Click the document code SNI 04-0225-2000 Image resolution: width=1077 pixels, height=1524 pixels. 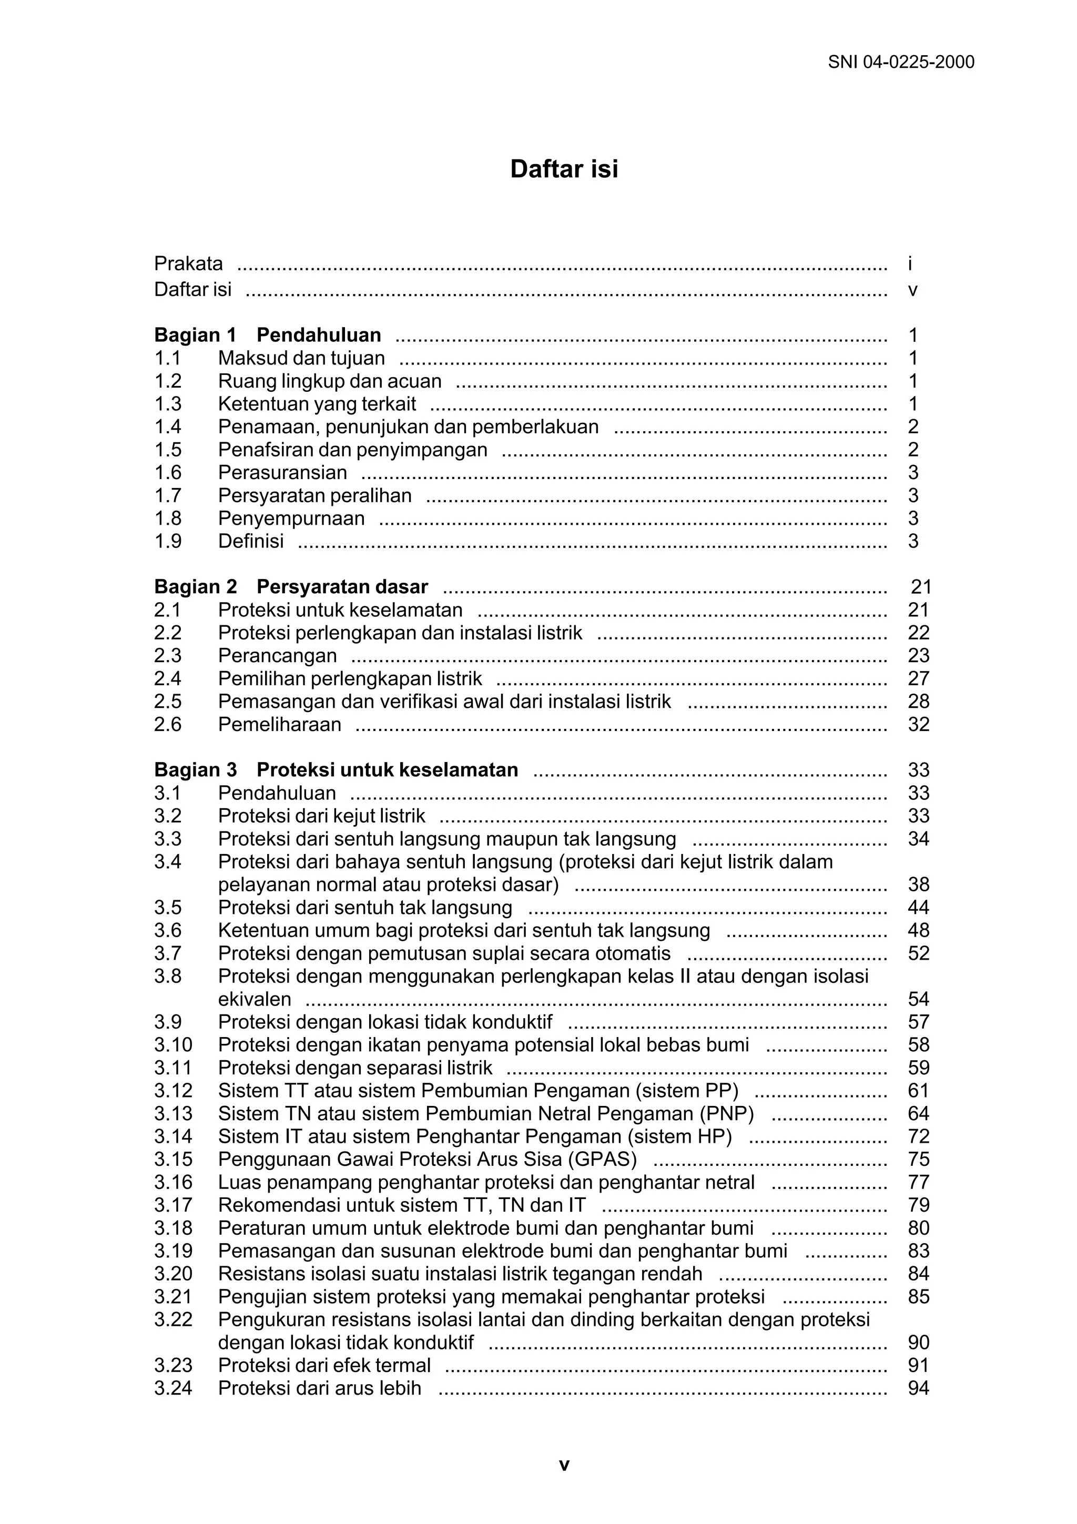(x=900, y=63)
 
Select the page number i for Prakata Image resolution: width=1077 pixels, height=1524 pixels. (x=910, y=264)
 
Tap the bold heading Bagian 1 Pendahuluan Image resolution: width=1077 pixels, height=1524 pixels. (x=268, y=335)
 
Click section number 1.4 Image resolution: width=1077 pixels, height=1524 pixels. (x=168, y=427)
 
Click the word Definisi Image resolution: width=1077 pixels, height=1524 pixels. (x=251, y=541)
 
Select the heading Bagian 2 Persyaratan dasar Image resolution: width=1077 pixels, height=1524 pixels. (x=291, y=587)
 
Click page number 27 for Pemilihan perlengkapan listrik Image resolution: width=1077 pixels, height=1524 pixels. (x=918, y=678)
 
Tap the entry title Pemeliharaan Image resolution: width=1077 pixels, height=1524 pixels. (x=279, y=724)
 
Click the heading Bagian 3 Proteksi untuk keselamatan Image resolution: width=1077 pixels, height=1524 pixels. (x=336, y=770)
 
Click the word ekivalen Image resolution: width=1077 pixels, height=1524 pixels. (x=254, y=999)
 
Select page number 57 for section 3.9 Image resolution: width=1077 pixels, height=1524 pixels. (x=918, y=1022)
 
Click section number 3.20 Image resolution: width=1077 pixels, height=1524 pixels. (x=173, y=1273)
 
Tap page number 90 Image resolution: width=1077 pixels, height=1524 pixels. (x=918, y=1342)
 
